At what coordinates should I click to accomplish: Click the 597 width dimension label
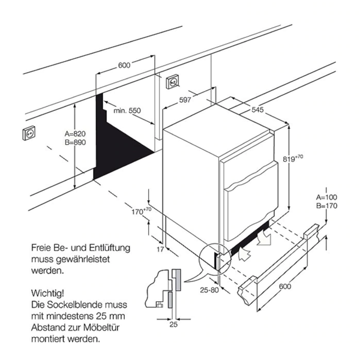tap(185, 100)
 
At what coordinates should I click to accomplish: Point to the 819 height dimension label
tap(292, 158)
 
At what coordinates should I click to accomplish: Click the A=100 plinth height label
tap(327, 197)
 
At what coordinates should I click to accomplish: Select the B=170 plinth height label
tap(327, 206)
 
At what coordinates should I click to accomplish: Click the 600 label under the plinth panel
tap(285, 287)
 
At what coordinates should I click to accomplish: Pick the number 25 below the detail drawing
tap(173, 325)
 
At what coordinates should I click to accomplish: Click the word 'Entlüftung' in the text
tap(104, 247)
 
